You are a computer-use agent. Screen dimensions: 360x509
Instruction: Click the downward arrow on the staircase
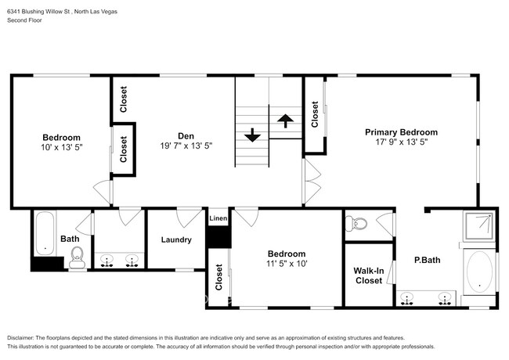pyautogui.click(x=252, y=135)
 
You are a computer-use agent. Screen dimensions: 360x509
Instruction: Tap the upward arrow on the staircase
pyautogui.click(x=286, y=120)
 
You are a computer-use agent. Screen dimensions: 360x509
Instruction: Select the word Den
pyautogui.click(x=185, y=133)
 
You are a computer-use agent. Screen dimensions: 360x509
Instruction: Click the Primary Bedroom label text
pyautogui.click(x=401, y=132)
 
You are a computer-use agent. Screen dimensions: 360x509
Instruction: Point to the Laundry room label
pyautogui.click(x=176, y=239)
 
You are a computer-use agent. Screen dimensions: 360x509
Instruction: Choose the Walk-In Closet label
pyautogui.click(x=368, y=275)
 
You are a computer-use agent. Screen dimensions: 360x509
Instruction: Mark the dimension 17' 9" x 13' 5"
pyautogui.click(x=401, y=143)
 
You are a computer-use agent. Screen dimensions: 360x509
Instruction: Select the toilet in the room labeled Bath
pyautogui.click(x=77, y=257)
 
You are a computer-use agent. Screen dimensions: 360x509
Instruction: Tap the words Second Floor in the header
pyautogui.click(x=26, y=20)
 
